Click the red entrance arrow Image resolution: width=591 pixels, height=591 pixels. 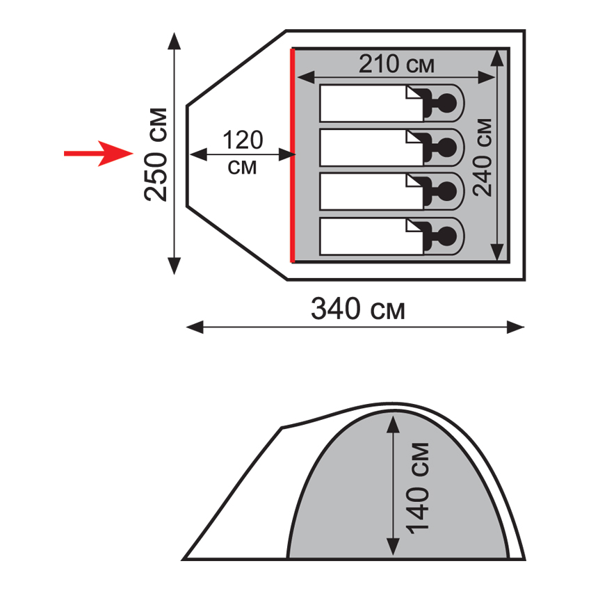click(x=99, y=154)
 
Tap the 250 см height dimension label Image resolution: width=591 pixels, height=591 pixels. click(x=155, y=154)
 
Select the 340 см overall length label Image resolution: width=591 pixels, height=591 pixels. click(x=357, y=309)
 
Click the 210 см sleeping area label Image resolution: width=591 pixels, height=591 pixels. click(x=396, y=64)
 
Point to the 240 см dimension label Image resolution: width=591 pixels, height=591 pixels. click(x=483, y=157)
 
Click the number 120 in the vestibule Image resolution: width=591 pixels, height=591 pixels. click(x=243, y=140)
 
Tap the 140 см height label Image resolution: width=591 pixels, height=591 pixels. click(x=418, y=488)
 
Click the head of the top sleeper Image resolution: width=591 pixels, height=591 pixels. click(x=447, y=103)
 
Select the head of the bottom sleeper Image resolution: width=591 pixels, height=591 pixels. click(x=447, y=236)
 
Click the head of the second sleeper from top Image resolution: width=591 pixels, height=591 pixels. click(x=447, y=147)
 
